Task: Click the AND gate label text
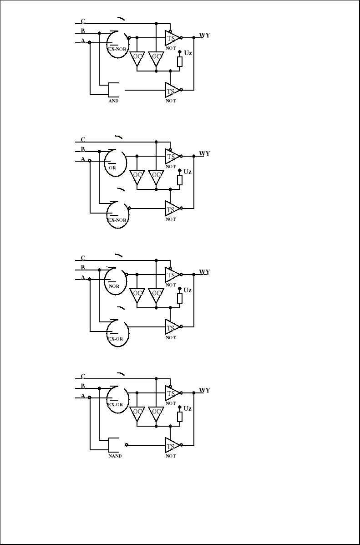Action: [113, 101]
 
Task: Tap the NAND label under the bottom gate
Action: [115, 456]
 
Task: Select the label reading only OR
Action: [112, 167]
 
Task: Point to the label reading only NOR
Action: [114, 287]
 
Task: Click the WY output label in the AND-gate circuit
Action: [204, 36]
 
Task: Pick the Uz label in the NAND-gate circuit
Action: [188, 408]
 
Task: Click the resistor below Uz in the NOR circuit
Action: [180, 299]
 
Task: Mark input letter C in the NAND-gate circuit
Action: [83, 377]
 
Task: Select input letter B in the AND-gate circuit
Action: [83, 31]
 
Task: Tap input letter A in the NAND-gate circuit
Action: [83, 396]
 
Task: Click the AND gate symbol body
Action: [114, 90]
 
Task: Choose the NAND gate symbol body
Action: [114, 445]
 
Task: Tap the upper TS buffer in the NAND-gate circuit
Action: [172, 393]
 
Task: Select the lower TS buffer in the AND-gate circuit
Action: [172, 90]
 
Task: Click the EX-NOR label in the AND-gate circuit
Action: [116, 49]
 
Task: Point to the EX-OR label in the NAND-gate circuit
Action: [115, 404]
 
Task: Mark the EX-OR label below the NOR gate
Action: [115, 339]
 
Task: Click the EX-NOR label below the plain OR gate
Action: [116, 219]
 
